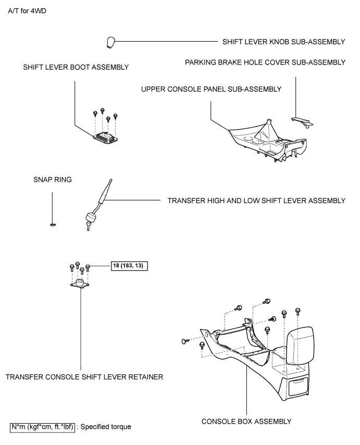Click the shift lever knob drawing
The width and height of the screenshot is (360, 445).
coord(110,42)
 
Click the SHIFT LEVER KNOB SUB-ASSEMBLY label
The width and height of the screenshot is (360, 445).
coord(283,42)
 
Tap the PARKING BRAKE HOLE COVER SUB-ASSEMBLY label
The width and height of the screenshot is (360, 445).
coord(265,62)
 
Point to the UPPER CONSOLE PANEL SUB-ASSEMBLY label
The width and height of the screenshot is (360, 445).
coord(211,89)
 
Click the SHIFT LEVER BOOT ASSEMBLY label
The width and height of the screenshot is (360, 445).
coord(76,67)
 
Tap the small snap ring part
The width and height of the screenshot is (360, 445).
coord(53,224)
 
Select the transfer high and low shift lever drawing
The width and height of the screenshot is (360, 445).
coord(99,203)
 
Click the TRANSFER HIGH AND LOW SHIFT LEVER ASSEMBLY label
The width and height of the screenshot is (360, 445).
coord(256,200)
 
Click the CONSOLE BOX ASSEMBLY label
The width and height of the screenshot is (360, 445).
coord(246,421)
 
